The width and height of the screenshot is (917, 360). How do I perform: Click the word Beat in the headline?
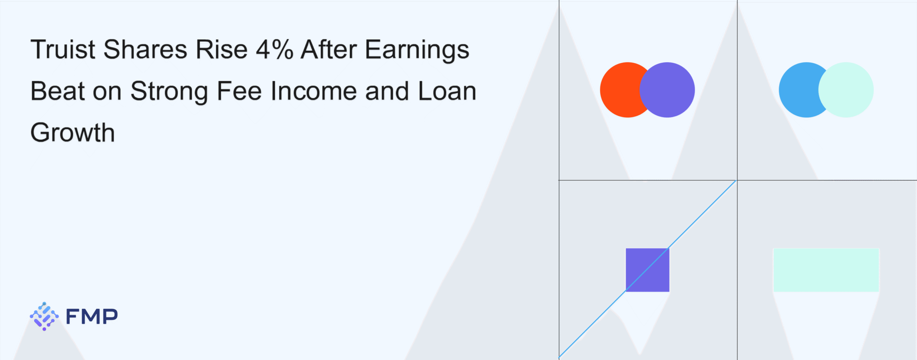click(x=58, y=91)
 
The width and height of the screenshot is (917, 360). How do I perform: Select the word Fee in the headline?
click(x=239, y=91)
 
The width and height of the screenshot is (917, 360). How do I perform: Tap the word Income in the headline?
click(x=314, y=91)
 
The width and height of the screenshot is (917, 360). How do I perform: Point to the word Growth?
click(x=73, y=133)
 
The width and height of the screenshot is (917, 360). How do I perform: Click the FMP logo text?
click(x=92, y=317)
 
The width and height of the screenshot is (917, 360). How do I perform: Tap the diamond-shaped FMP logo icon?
click(x=44, y=316)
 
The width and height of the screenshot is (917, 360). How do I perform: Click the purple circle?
click(x=667, y=90)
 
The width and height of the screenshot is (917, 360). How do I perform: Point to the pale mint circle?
click(x=846, y=90)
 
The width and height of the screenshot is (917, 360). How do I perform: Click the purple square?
click(x=647, y=270)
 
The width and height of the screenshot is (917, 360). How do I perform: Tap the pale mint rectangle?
click(x=826, y=270)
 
